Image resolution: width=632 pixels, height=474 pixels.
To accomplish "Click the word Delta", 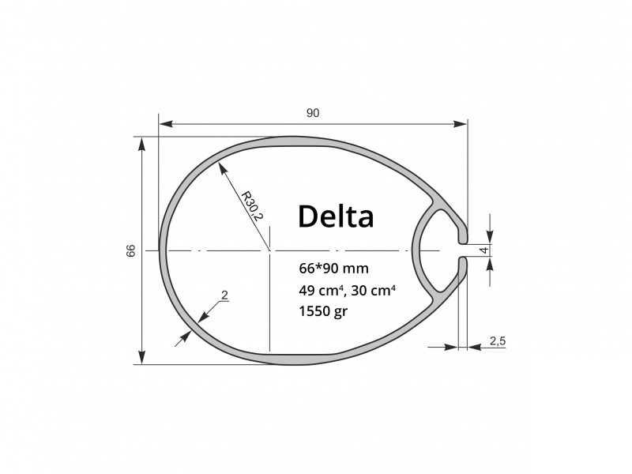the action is click(336, 216).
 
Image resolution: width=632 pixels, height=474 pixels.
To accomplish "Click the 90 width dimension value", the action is click(313, 113).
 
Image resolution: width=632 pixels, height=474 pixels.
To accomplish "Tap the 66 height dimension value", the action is click(131, 250).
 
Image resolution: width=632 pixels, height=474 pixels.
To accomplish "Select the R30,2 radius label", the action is click(251, 206).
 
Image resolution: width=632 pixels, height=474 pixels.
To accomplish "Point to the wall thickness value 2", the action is click(225, 295).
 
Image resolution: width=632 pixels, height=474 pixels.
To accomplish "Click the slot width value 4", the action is click(485, 250).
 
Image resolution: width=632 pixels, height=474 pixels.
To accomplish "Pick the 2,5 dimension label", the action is click(498, 341).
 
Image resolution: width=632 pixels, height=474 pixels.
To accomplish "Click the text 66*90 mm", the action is click(333, 268).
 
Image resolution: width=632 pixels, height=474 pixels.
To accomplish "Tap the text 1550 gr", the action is click(323, 311).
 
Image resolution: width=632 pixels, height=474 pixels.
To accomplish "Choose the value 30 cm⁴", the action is click(373, 290).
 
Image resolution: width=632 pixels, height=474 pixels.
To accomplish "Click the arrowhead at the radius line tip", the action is click(221, 168).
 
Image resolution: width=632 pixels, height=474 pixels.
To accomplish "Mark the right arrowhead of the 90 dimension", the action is click(461, 124).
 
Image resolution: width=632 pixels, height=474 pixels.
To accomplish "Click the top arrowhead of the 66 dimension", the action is click(141, 144).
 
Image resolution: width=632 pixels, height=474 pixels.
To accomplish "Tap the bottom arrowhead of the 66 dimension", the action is click(141, 357).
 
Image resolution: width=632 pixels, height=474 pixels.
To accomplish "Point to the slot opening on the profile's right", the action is click(463, 250).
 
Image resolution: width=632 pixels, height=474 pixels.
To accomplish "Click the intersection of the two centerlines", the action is click(269, 250).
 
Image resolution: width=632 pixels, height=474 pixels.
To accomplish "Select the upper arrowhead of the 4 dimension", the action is click(490, 238).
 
